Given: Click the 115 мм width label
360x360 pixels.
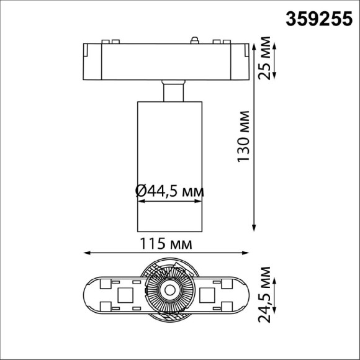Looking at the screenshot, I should pyautogui.click(x=166, y=243).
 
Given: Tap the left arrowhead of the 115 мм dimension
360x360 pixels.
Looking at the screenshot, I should pyautogui.click(x=88, y=253).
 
